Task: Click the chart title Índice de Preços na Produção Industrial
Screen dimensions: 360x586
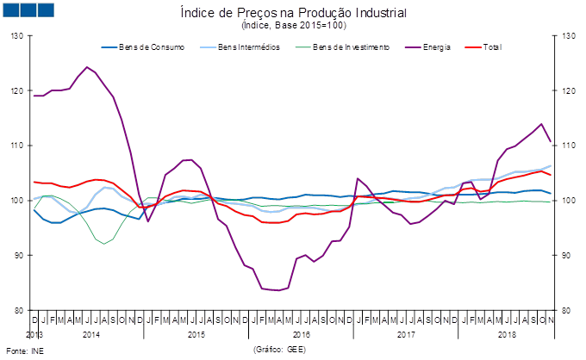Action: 294,14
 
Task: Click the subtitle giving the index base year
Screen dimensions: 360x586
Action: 294,26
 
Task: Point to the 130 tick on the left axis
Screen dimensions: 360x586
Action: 16,35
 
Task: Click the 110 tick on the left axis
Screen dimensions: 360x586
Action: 16,146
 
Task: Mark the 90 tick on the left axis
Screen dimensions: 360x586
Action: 16,256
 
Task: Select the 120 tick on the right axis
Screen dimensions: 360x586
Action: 568,90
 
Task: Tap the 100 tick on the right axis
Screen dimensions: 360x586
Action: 568,201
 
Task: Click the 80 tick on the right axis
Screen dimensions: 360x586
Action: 568,310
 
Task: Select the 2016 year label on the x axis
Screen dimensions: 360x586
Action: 301,332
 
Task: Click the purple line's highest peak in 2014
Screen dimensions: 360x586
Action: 87,67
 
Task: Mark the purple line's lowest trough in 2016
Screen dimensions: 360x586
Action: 277,290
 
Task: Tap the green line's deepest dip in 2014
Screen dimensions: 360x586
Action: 105,244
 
